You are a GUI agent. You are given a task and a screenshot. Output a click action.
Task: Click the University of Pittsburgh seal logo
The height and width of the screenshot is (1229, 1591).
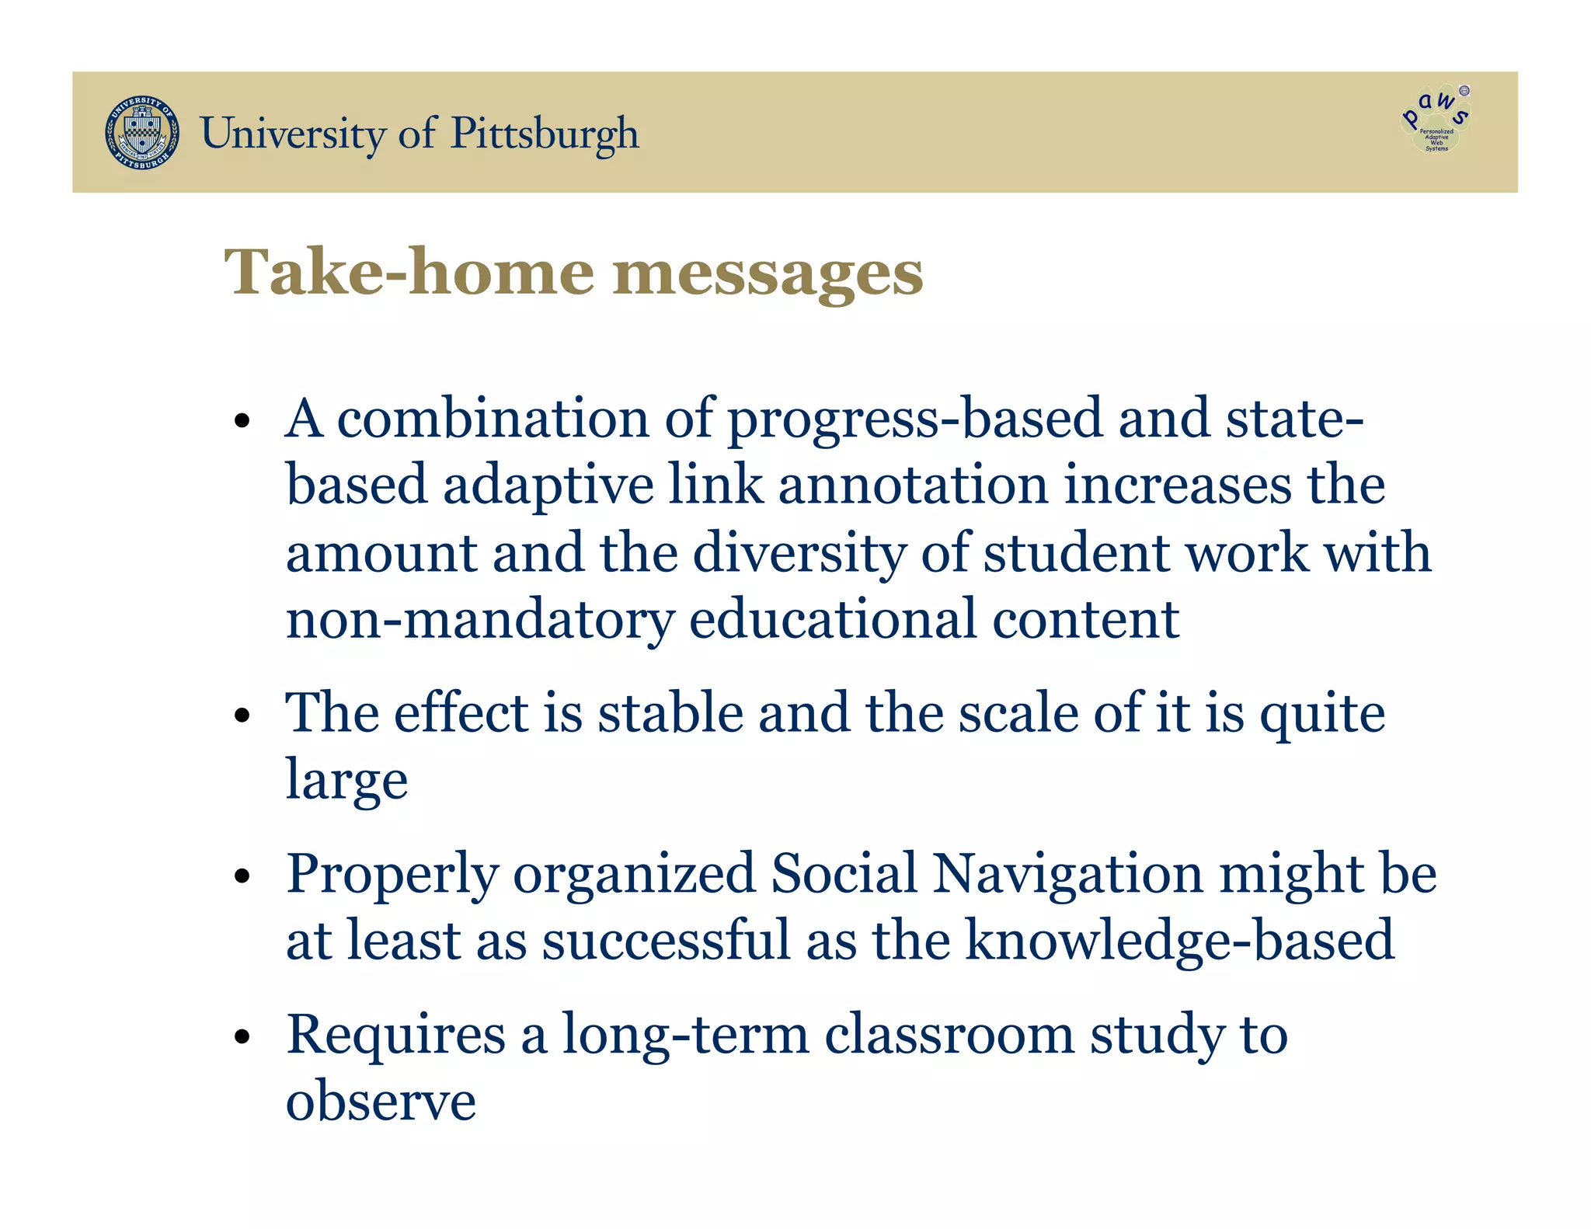point(142,133)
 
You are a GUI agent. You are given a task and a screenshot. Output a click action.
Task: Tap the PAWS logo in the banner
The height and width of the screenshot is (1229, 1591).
point(1436,120)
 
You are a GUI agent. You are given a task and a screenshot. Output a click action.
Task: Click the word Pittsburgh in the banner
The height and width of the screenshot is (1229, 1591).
point(545,134)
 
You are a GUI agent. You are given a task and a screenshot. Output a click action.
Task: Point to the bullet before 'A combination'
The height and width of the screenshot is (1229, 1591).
point(243,422)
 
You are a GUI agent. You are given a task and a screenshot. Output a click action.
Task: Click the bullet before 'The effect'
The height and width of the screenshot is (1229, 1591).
point(243,715)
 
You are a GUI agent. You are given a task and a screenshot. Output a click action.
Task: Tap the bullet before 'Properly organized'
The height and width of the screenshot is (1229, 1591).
point(243,877)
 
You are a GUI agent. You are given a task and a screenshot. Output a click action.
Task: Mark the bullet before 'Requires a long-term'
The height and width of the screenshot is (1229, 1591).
point(243,1037)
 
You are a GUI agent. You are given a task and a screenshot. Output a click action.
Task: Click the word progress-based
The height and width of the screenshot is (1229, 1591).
point(914,420)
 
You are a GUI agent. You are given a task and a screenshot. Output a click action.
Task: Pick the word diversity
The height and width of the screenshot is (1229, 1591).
point(799,553)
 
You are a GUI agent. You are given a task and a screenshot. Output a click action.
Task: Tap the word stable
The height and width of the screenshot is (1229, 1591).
point(670,713)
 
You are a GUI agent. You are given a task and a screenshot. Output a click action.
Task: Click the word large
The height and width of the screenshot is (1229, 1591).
point(346,781)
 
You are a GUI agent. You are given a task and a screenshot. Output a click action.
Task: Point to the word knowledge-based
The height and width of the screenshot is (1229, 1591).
point(1179,941)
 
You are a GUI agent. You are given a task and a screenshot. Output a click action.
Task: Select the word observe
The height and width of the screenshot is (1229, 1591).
point(381,1102)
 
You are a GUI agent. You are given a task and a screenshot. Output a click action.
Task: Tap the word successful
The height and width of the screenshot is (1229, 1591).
point(667,941)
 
